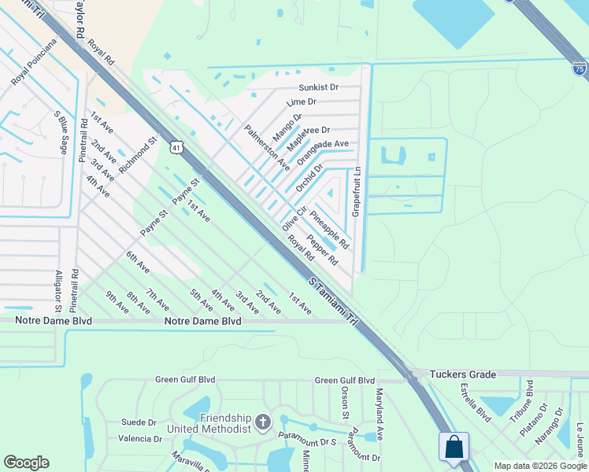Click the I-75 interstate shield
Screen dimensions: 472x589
[579, 69]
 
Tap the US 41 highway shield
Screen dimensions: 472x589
[176, 146]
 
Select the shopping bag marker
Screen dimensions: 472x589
[454, 448]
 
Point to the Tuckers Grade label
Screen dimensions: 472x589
[463, 374]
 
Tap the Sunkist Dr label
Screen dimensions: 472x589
[317, 87]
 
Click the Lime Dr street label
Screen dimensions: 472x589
[302, 102]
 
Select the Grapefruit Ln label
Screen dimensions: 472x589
[356, 190]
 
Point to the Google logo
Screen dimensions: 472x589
[27, 463]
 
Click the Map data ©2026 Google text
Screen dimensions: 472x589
[539, 466]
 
